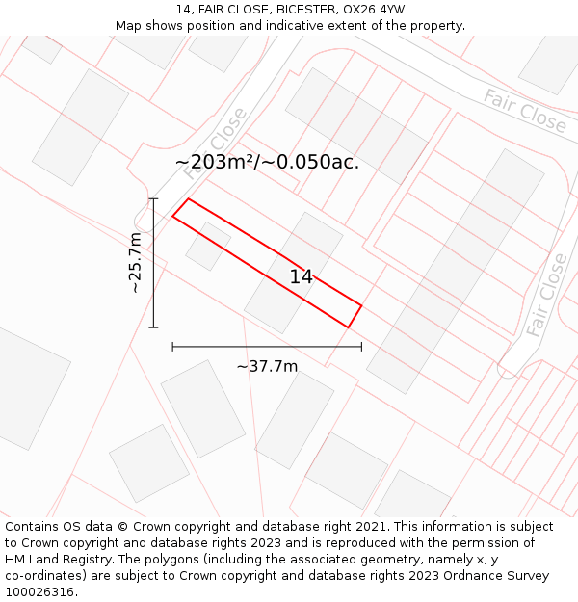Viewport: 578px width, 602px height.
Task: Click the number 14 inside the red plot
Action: pyautogui.click(x=302, y=277)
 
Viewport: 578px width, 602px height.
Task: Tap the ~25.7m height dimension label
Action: pyautogui.click(x=136, y=262)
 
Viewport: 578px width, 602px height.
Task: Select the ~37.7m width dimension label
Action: pyautogui.click(x=267, y=366)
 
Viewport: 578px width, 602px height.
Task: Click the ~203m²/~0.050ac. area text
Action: pyautogui.click(x=267, y=162)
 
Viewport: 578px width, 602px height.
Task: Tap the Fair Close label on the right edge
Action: pyautogui.click(x=546, y=295)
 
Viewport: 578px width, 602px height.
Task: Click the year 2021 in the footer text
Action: pyautogui.click(x=371, y=527)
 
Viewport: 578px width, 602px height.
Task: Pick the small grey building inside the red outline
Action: pyautogui.click(x=207, y=247)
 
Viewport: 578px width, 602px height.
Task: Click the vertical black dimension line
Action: pyautogui.click(x=153, y=262)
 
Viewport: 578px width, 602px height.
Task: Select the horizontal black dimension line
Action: pyautogui.click(x=267, y=346)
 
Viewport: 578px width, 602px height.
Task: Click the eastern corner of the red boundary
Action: pyautogui.click(x=361, y=306)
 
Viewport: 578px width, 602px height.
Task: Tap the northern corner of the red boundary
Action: pyautogui.click(x=188, y=199)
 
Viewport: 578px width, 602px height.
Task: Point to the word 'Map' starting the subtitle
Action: pyautogui.click(x=129, y=26)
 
